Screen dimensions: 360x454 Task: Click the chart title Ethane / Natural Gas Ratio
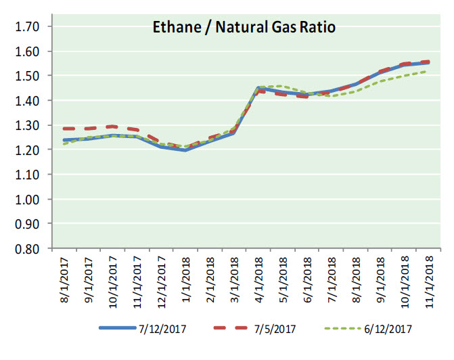click(243, 28)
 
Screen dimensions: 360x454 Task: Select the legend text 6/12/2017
click(388, 330)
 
